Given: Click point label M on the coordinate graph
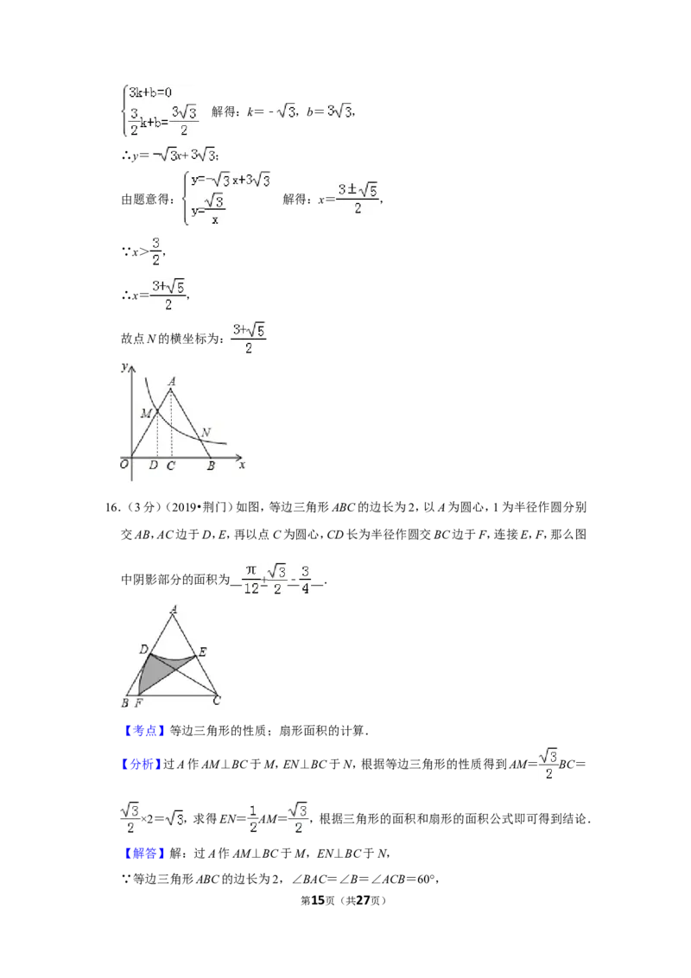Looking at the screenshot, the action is [146, 413].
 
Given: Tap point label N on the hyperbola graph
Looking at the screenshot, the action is [206, 432].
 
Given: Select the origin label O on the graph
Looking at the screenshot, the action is [124, 464].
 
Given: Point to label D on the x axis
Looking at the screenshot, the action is [154, 465].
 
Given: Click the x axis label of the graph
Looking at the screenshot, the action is [242, 465].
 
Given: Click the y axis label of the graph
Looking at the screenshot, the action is [124, 366].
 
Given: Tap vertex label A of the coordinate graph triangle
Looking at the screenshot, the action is [172, 381].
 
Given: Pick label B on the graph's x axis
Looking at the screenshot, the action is [211, 466].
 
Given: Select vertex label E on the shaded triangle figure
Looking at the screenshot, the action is [202, 652].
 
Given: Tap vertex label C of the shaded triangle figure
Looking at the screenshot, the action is [217, 701].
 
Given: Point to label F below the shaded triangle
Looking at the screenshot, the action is [138, 703].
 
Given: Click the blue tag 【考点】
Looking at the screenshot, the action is [144, 730].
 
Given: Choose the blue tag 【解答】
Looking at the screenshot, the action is [144, 854].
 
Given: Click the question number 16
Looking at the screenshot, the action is [111, 507].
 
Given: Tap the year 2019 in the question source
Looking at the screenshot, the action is [184, 507].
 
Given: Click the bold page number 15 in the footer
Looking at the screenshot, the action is [318, 900].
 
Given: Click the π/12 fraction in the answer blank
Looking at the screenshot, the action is [251, 580].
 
